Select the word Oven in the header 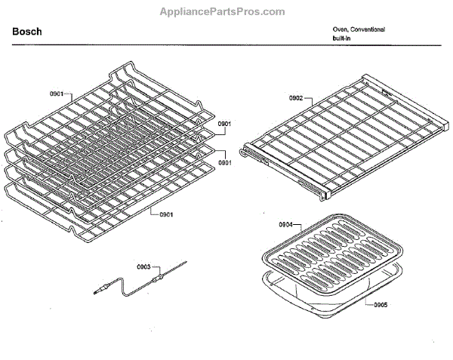pos(340,29)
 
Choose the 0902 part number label pos(295,97)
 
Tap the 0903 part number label pos(143,266)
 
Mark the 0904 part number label pos(285,224)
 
